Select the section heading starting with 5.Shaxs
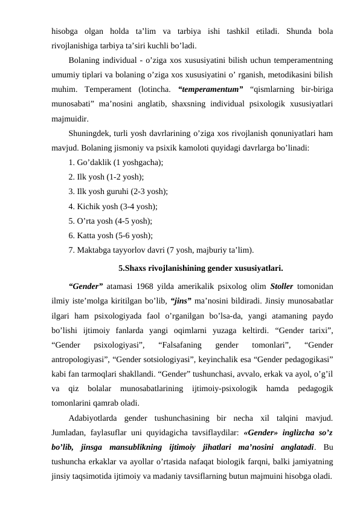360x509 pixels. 201,267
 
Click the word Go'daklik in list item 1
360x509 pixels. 95,163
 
